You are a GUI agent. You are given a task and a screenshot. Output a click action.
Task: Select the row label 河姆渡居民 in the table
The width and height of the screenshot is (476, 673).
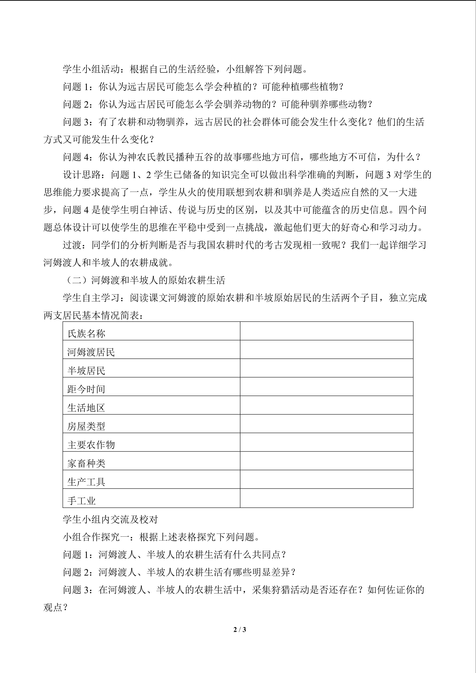(91, 352)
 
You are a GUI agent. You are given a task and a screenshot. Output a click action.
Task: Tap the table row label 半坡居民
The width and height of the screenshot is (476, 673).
(86, 371)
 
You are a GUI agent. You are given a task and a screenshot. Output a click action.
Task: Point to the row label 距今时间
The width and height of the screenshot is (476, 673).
(86, 389)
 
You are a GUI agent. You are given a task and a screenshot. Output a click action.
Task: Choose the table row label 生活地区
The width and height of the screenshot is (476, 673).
(86, 408)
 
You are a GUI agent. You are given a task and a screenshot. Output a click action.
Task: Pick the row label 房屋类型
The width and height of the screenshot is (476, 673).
(86, 426)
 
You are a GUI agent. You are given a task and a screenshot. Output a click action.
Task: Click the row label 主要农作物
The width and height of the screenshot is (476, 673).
(91, 445)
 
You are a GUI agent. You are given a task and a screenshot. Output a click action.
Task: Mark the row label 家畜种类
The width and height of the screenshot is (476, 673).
(86, 463)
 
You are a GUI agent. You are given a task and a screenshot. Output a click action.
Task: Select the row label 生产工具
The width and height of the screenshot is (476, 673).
(86, 482)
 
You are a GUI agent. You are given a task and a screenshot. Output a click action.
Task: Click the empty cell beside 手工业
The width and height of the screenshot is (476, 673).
(326, 498)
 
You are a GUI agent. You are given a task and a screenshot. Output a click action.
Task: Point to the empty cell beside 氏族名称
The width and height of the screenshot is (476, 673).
(326, 331)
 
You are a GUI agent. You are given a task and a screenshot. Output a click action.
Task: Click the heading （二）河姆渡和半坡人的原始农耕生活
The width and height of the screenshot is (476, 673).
(144, 280)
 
